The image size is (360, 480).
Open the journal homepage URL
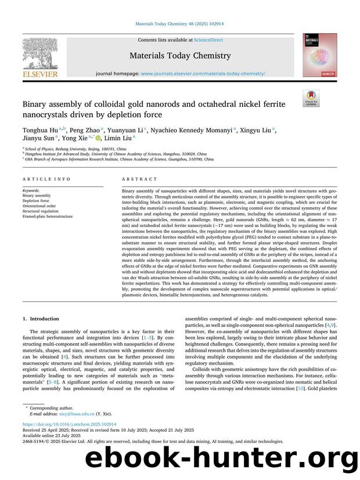[203, 74]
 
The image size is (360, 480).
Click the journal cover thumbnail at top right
[320, 55]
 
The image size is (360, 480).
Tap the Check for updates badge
[312, 98]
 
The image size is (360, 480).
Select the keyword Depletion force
[35, 200]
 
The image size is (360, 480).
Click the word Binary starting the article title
[35, 104]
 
